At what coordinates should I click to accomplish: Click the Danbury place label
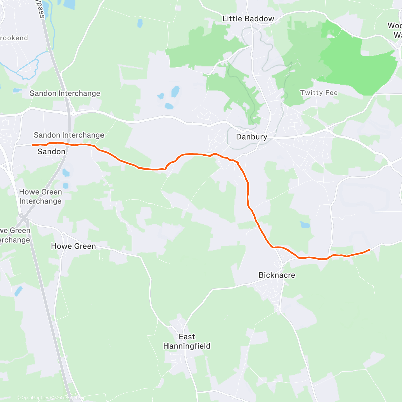pos(252,137)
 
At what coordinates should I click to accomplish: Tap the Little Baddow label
pos(248,19)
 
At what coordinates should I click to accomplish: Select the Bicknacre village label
pos(277,275)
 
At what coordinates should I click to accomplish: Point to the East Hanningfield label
pos(187,341)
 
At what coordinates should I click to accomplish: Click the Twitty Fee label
pos(319,93)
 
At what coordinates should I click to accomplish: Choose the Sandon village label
pos(51,152)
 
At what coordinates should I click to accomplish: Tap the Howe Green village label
pos(73,246)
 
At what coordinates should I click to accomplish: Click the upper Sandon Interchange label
pos(65,93)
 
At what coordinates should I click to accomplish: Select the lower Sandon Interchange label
pos(69,135)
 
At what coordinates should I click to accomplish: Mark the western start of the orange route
pos(32,145)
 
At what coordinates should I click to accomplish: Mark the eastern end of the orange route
pos(369,250)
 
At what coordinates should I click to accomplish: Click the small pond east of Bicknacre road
pos(305,224)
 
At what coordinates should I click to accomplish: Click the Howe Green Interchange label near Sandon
pos(41,196)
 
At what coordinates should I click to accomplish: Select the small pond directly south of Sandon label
pos(66,173)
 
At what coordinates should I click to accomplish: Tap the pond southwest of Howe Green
pos(18,291)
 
